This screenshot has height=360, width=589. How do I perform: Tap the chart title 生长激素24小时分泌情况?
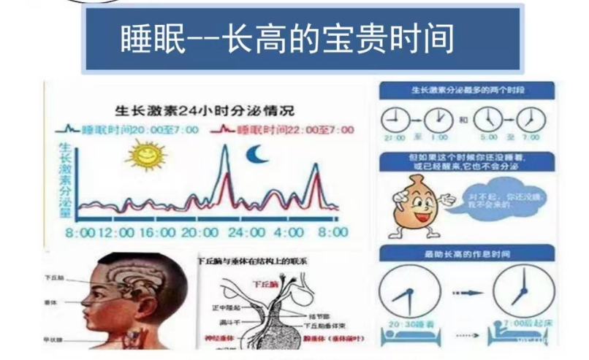tap(205, 112)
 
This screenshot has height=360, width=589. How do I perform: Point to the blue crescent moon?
tap(256, 155)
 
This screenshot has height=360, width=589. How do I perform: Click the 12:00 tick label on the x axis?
tap(114, 232)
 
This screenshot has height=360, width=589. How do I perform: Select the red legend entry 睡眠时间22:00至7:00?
tap(281, 130)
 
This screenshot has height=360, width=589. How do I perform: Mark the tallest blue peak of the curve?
tap(224, 149)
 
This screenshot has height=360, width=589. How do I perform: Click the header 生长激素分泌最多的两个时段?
tap(466, 91)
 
